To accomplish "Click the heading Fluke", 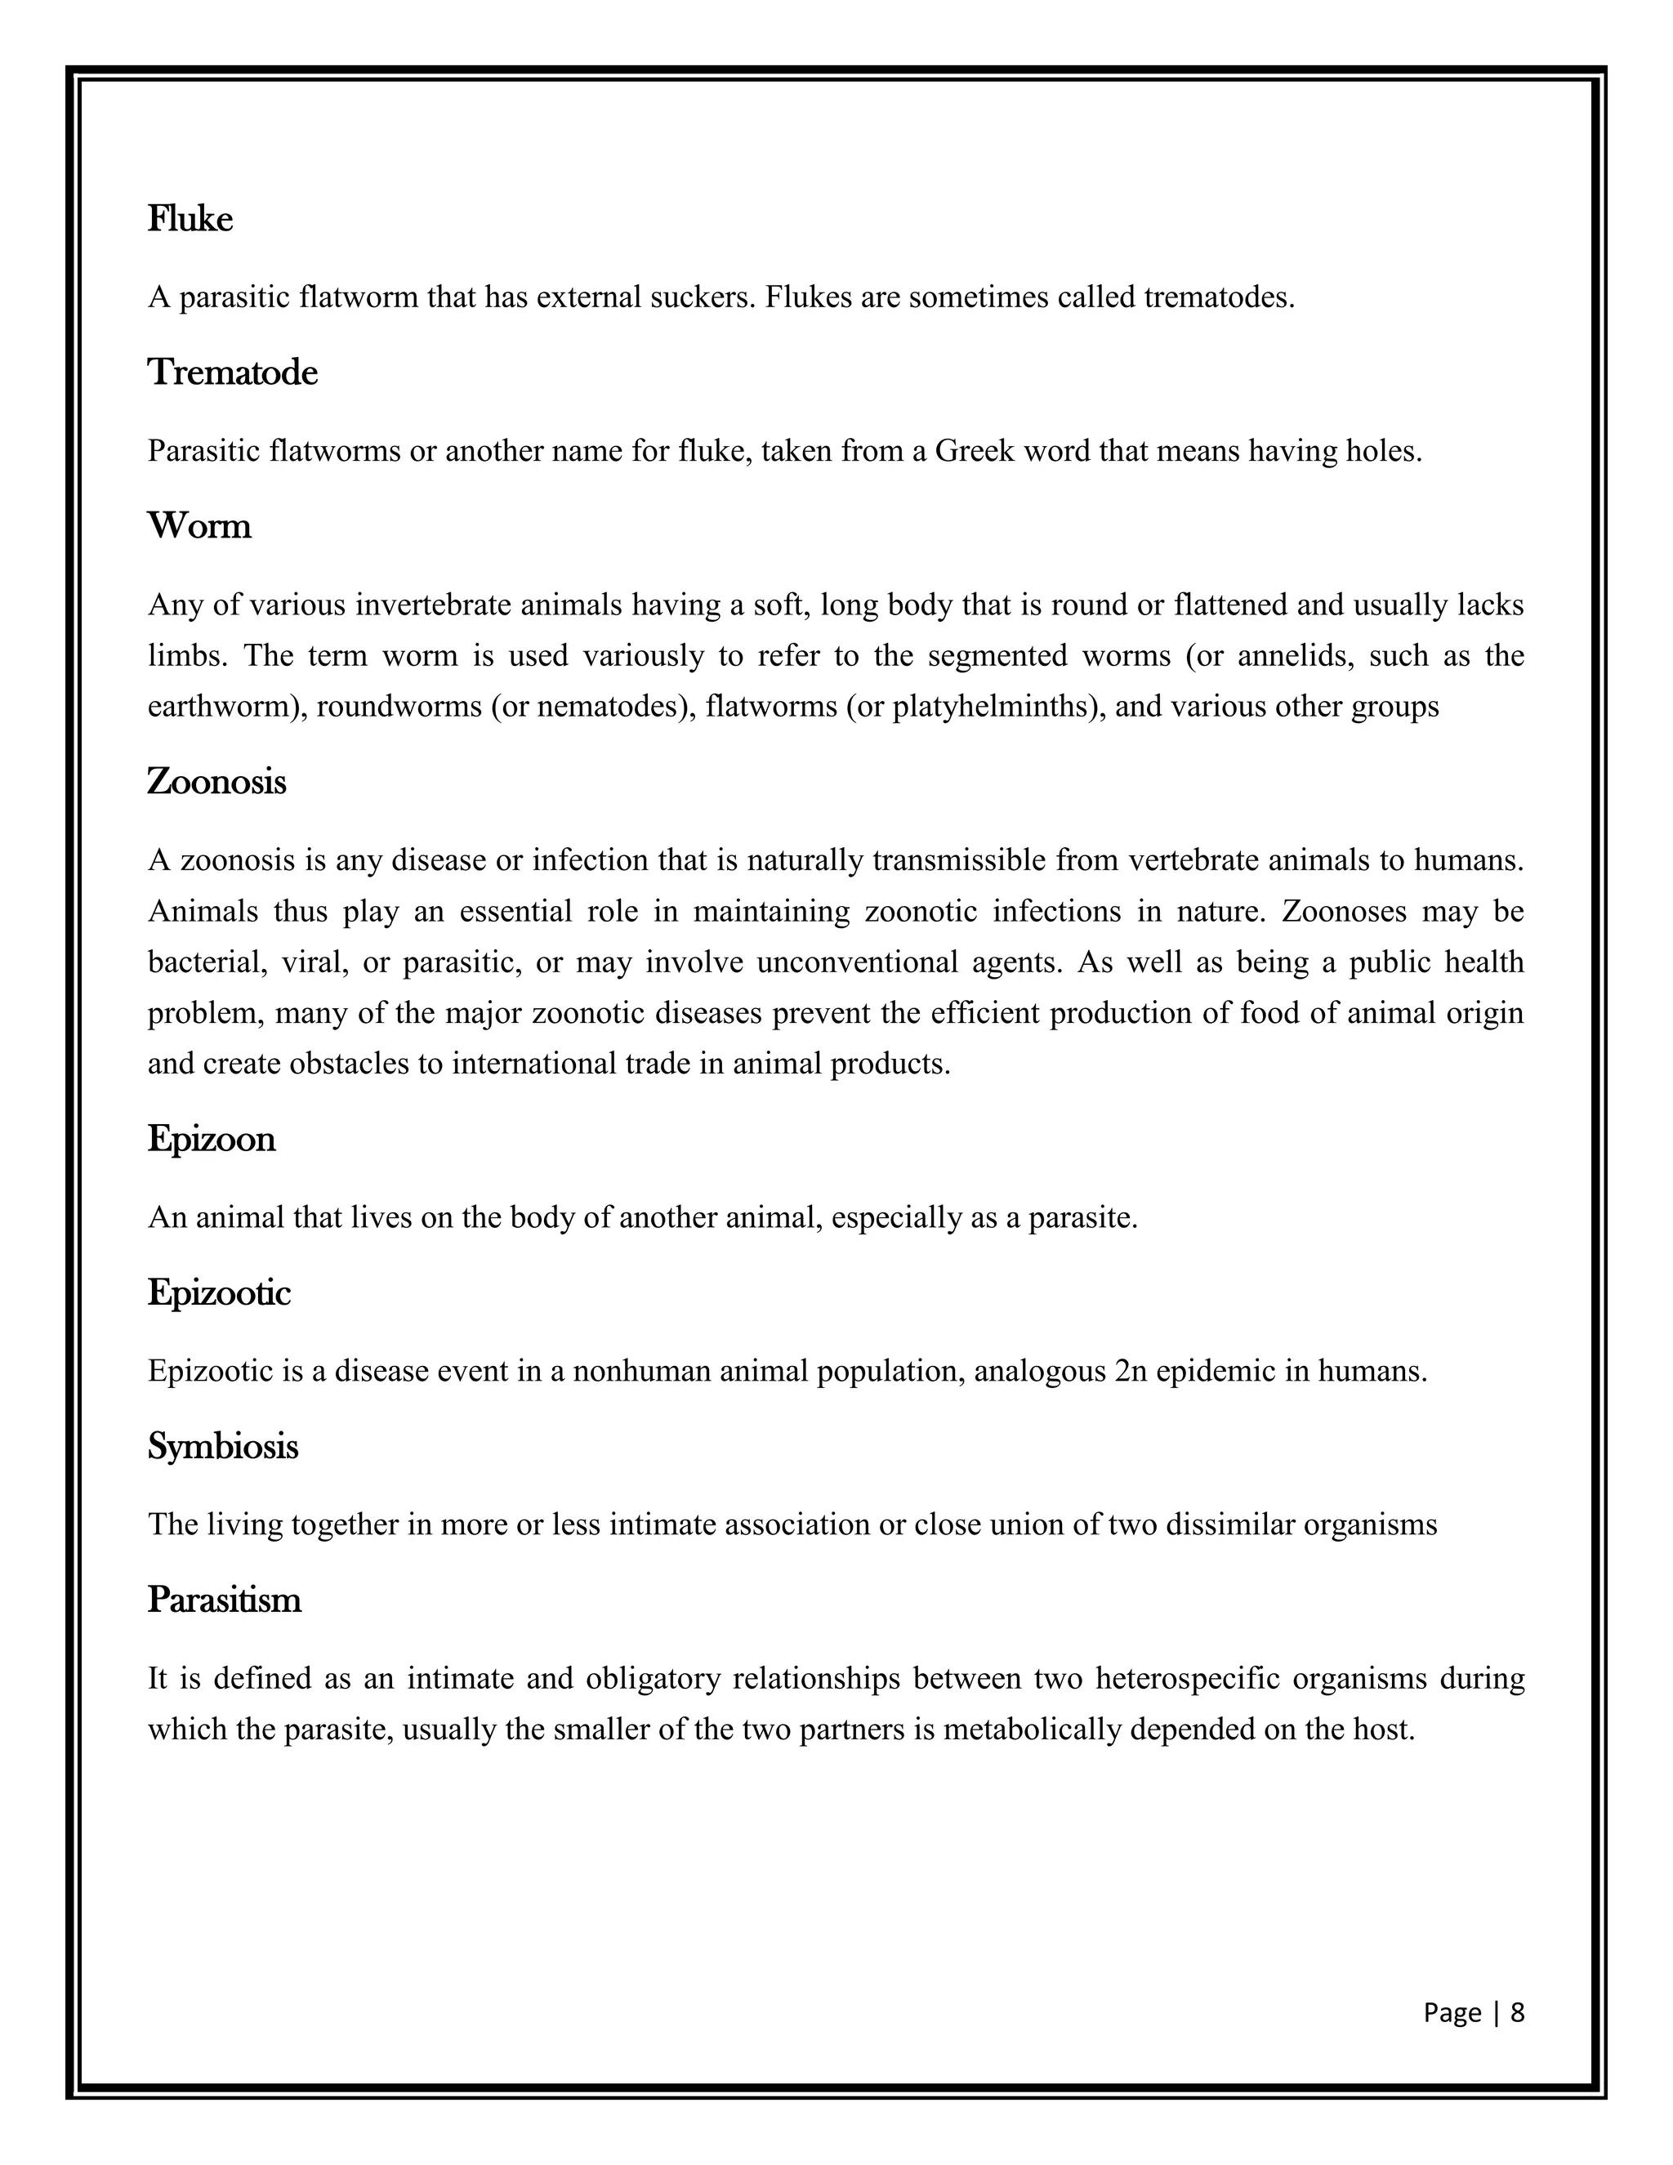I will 190,219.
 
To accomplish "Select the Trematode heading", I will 233,373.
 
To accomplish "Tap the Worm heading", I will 199,525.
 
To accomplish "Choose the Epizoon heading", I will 211,1139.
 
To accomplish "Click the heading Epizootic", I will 219,1292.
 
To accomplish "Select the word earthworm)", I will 227,707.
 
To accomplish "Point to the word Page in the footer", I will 1452,2012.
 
